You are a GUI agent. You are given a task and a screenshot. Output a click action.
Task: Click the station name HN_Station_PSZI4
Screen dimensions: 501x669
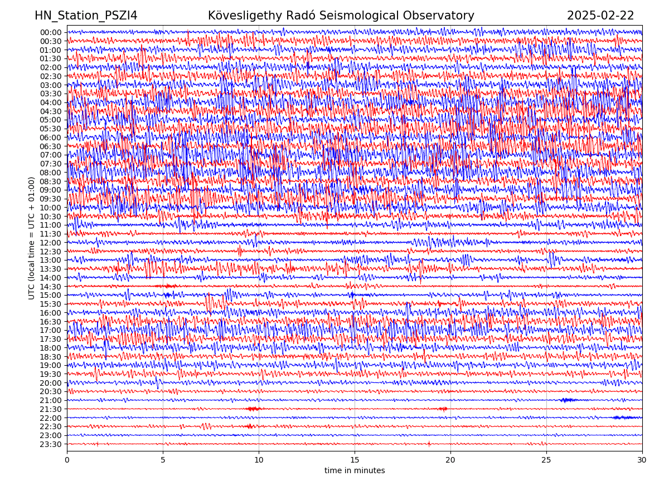[x=86, y=16]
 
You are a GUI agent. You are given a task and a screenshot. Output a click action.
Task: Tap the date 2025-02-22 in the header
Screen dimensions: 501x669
[x=600, y=16]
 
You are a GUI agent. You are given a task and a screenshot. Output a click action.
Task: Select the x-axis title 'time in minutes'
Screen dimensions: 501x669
[x=355, y=470]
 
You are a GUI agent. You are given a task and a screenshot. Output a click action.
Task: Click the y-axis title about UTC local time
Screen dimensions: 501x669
[x=32, y=238]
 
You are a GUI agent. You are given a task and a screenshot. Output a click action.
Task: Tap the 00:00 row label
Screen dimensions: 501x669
[x=51, y=32]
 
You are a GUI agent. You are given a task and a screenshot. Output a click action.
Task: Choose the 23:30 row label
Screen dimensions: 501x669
[x=51, y=444]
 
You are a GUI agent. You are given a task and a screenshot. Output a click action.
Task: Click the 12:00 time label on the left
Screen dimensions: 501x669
[x=51, y=243]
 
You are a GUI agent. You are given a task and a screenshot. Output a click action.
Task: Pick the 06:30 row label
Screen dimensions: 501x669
[x=51, y=146]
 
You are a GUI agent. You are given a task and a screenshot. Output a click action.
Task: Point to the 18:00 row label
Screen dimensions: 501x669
[x=51, y=348]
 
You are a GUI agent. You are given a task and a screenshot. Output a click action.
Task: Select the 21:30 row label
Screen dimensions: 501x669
[x=51, y=409]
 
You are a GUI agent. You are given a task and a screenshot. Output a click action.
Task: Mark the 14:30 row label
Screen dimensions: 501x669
[x=51, y=287]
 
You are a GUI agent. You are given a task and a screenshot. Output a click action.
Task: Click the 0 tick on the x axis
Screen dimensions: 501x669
[x=67, y=460]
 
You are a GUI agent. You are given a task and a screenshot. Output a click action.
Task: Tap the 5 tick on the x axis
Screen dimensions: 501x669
[x=163, y=460]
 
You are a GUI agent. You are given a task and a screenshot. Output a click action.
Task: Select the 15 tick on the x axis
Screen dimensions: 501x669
[x=355, y=460]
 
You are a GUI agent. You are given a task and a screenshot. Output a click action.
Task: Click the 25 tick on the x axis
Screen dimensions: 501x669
[x=546, y=460]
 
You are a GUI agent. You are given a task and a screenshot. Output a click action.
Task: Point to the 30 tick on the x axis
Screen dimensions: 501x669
[x=642, y=460]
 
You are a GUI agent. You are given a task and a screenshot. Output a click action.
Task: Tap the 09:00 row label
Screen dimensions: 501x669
[x=51, y=190]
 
